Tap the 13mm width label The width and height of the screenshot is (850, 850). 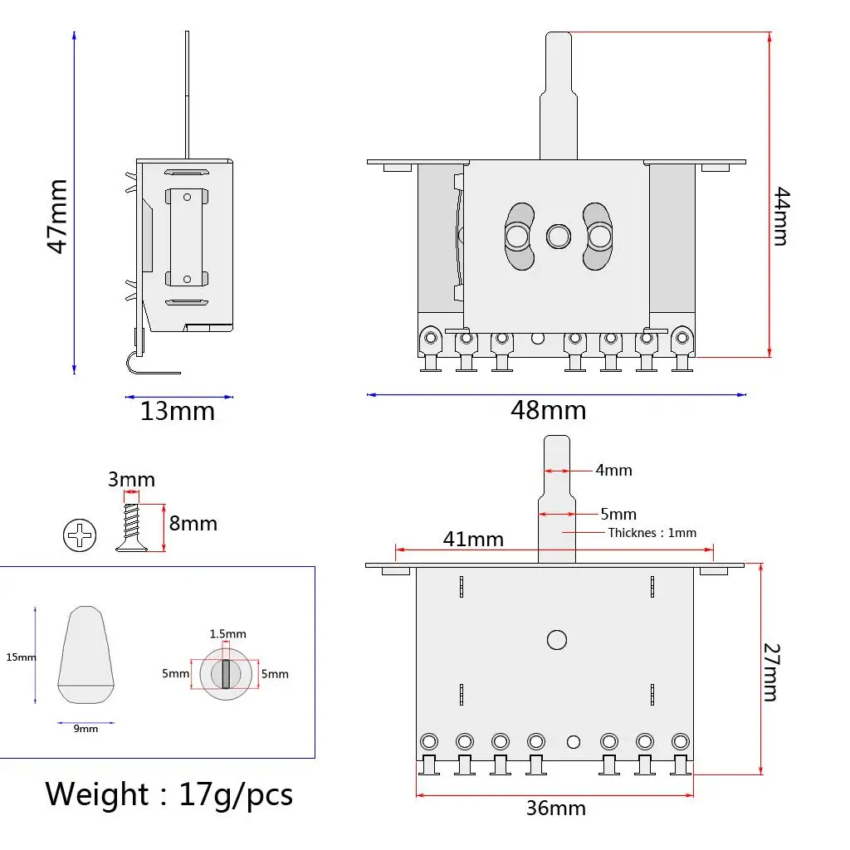[x=178, y=411]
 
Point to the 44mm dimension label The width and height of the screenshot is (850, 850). [x=780, y=217]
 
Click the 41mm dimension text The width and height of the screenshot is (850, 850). [x=473, y=539]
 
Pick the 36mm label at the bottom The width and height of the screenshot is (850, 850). [x=556, y=808]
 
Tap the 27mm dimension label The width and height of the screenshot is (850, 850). [x=770, y=672]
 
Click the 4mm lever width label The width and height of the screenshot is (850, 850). [x=613, y=470]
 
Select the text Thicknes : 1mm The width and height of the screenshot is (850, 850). [x=652, y=533]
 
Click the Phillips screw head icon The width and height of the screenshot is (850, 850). [x=80, y=535]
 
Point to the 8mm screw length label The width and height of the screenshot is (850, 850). [x=193, y=523]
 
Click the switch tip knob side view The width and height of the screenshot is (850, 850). [x=86, y=656]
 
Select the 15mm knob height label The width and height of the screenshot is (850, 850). [x=21, y=657]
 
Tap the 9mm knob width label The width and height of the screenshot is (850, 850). [x=85, y=729]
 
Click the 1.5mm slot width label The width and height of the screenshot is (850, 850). [x=227, y=633]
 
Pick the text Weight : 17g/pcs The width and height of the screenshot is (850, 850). [x=169, y=794]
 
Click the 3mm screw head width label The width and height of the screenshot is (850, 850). [x=131, y=479]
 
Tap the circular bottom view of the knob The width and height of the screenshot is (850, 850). [x=225, y=674]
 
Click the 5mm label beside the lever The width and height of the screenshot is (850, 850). [x=618, y=514]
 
